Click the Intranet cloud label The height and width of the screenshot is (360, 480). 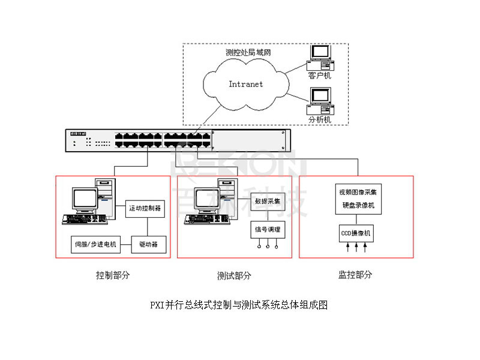point(245,84)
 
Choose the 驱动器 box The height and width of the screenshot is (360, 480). point(148,244)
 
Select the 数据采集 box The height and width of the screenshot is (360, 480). point(267,201)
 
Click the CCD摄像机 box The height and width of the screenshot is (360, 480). point(356,232)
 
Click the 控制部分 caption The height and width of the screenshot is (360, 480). point(113,275)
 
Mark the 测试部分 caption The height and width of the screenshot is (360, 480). point(234,275)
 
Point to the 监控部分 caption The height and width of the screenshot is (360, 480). point(355,275)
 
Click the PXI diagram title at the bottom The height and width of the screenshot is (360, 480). point(239,305)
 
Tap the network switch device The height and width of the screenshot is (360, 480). point(177,140)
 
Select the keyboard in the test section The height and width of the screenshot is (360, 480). point(206,220)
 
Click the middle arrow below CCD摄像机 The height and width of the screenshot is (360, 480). point(356,247)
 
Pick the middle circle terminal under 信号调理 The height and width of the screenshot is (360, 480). point(267,246)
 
